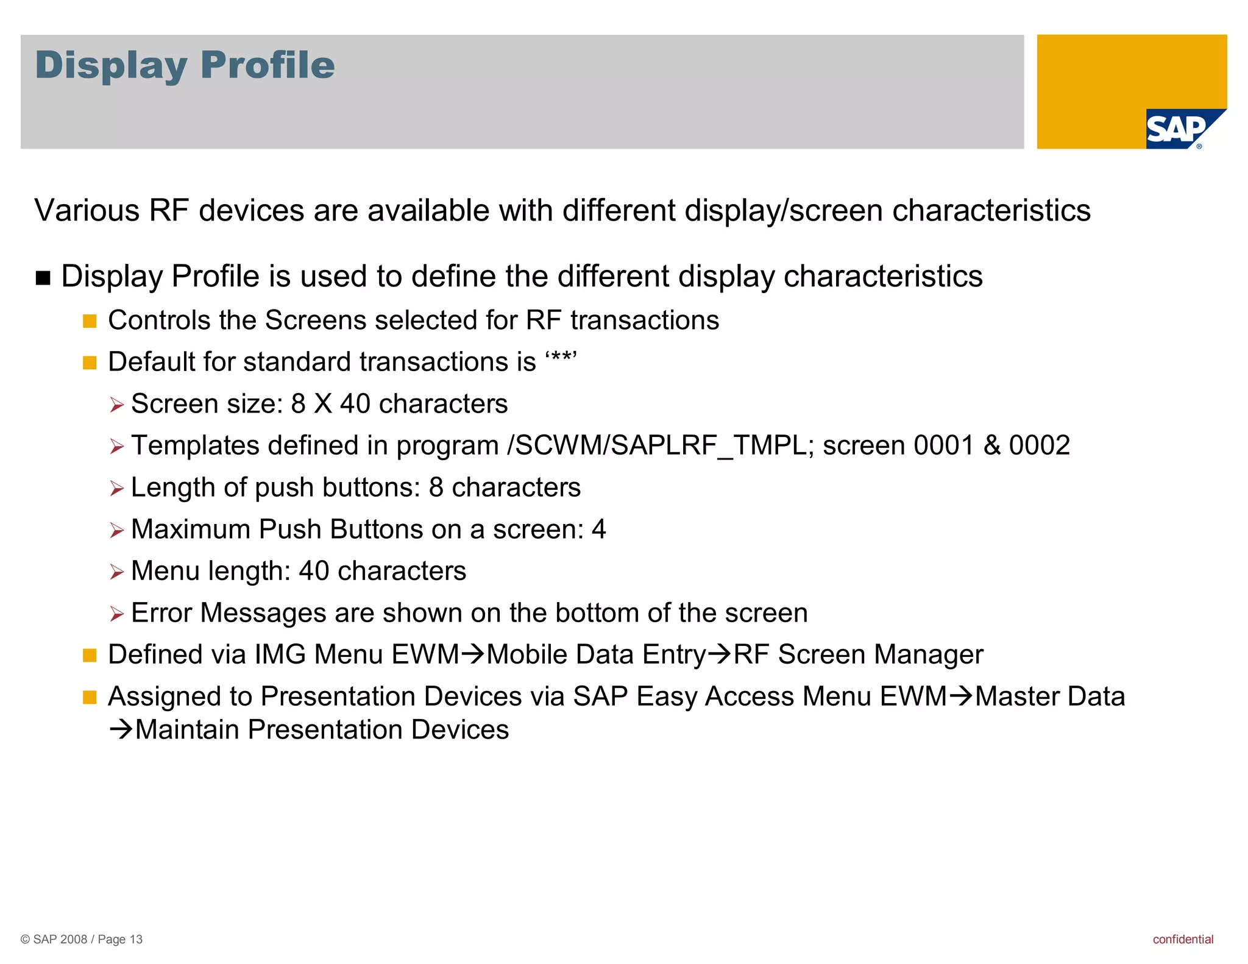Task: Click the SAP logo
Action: pyautogui.click(x=1179, y=129)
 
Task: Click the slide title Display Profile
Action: pyautogui.click(x=185, y=65)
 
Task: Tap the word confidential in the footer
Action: pyautogui.click(x=1182, y=939)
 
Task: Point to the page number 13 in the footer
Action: pyautogui.click(x=136, y=939)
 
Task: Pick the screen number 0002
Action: pyautogui.click(x=1040, y=445)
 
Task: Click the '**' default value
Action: pyautogui.click(x=561, y=360)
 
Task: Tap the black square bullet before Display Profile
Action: pyautogui.click(x=43, y=278)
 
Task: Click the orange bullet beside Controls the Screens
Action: pyautogui.click(x=90, y=321)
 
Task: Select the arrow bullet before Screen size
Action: pyautogui.click(x=116, y=405)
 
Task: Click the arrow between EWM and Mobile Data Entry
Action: pyautogui.click(x=473, y=654)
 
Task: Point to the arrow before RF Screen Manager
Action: pyautogui.click(x=720, y=654)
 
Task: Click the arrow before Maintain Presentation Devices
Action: pyautogui.click(x=121, y=729)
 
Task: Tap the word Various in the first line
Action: pyautogui.click(x=87, y=211)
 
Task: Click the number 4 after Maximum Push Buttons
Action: pyautogui.click(x=598, y=529)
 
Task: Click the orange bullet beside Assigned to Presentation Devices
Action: pyautogui.click(x=90, y=697)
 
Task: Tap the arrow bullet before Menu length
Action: pyautogui.click(x=116, y=572)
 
